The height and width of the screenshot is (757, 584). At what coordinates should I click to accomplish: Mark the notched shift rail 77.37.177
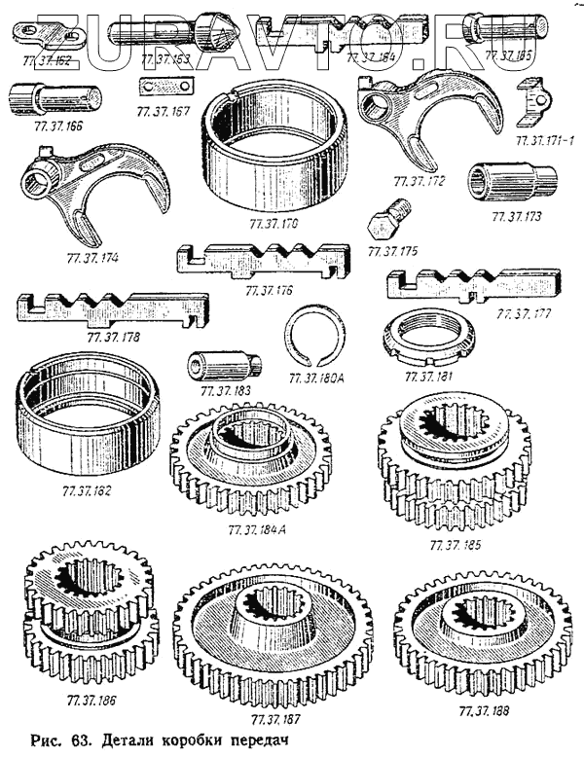[473, 286]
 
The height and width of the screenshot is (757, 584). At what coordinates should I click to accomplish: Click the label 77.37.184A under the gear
[257, 530]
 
